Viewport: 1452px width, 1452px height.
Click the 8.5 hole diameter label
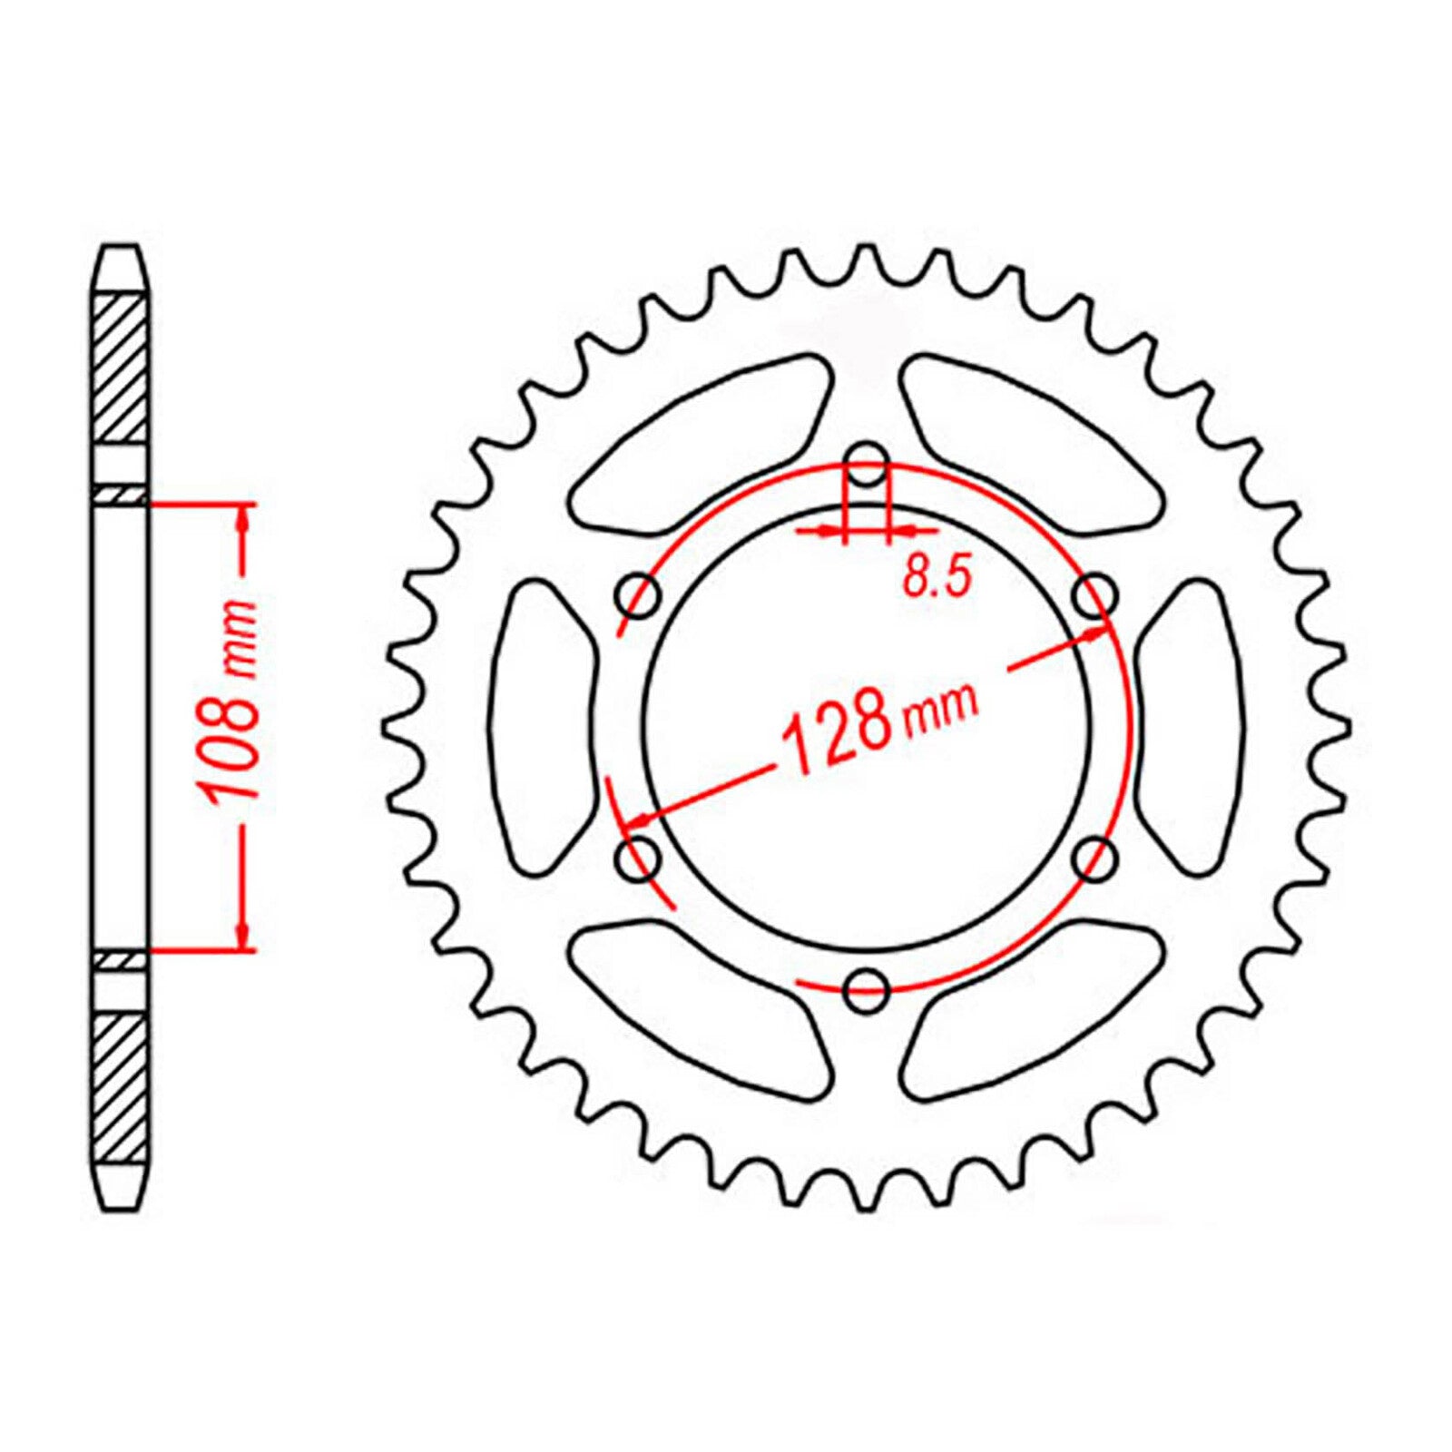click(937, 577)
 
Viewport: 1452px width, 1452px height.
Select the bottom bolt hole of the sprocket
click(867, 990)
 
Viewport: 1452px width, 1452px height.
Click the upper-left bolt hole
click(639, 596)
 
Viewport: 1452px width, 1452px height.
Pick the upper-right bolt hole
click(1095, 596)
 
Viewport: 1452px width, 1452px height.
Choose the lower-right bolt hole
click(1095, 857)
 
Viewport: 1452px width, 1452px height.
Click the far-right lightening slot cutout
click(1191, 726)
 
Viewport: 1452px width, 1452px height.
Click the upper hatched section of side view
click(121, 368)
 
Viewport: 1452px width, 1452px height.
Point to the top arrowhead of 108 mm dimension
click(242, 517)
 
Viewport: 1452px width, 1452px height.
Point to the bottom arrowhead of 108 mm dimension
click(242, 935)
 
